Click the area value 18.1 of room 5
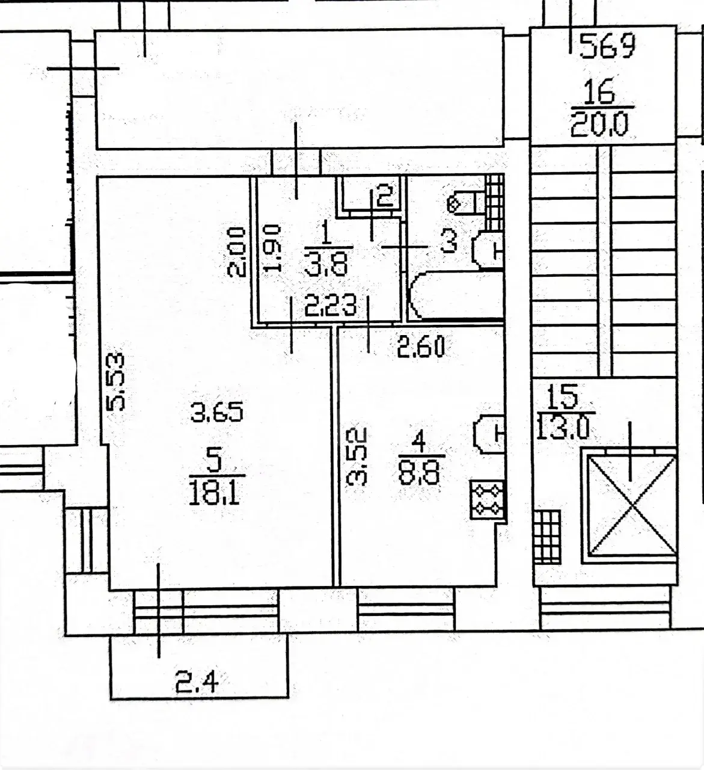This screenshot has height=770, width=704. coord(215,494)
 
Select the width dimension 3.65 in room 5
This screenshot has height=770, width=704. coord(217,412)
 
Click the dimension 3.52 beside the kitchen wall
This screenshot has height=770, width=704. coord(357,457)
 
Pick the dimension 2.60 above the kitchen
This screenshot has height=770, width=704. coord(421,346)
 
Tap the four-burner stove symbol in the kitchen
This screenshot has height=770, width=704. coord(487,499)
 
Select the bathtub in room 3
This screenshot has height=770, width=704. coord(456,295)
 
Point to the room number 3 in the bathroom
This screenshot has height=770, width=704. coord(449,241)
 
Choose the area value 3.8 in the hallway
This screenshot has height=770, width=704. coord(326,264)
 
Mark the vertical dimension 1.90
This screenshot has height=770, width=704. coord(273,248)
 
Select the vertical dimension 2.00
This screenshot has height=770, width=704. coord(236,252)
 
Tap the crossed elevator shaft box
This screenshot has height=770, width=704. coord(630,505)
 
